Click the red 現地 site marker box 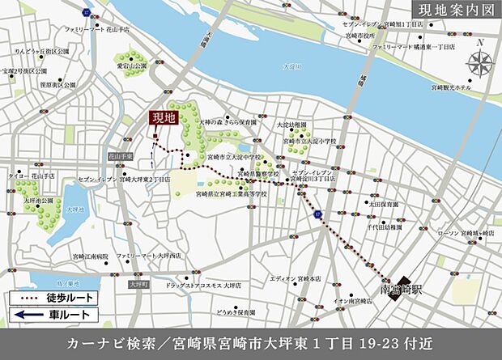pos(164,117)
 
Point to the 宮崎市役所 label pos(360,36)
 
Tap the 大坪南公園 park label pos(38,200)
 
